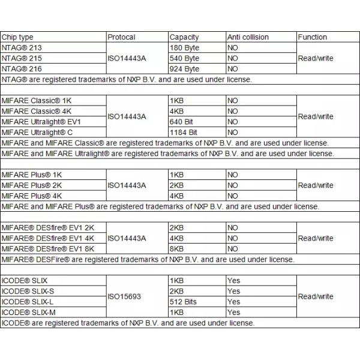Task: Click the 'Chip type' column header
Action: click(x=18, y=37)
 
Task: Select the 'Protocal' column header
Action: click(x=121, y=37)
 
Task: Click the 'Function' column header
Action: click(x=313, y=37)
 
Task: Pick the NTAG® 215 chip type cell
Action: click(x=23, y=58)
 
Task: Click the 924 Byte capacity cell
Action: click(x=184, y=69)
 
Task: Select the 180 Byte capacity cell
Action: click(x=184, y=47)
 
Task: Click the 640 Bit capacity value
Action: click(x=181, y=122)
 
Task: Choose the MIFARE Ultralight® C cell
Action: click(x=37, y=133)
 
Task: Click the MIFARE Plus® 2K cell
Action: click(x=32, y=185)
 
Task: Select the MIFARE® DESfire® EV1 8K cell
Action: click(x=48, y=249)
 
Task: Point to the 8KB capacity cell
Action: click(x=176, y=249)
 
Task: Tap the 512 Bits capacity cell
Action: click(x=183, y=302)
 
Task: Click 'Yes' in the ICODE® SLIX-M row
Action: click(x=233, y=313)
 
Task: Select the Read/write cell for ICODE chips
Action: click(x=316, y=296)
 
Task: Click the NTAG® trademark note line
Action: click(x=127, y=79)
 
